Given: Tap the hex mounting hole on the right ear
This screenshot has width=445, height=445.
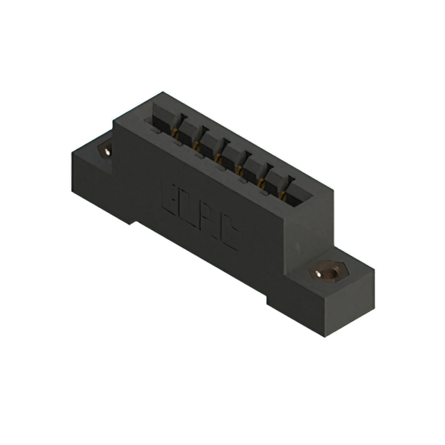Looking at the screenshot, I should (x=325, y=273).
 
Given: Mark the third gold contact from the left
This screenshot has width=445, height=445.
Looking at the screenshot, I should (x=218, y=156).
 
